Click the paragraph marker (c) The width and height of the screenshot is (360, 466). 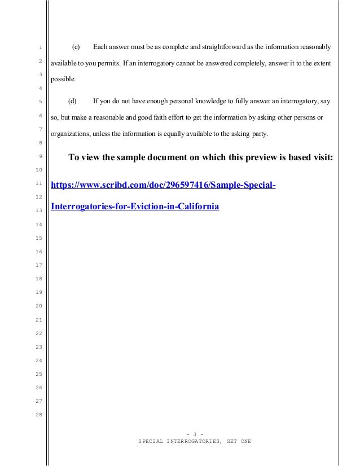pos(77,46)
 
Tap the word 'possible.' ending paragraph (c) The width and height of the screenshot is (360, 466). pos(63,80)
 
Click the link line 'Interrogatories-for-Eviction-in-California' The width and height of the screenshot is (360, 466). pos(134,206)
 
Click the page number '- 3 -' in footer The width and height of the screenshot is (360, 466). pos(194,433)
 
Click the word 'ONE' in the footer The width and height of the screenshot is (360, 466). pos(245,441)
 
